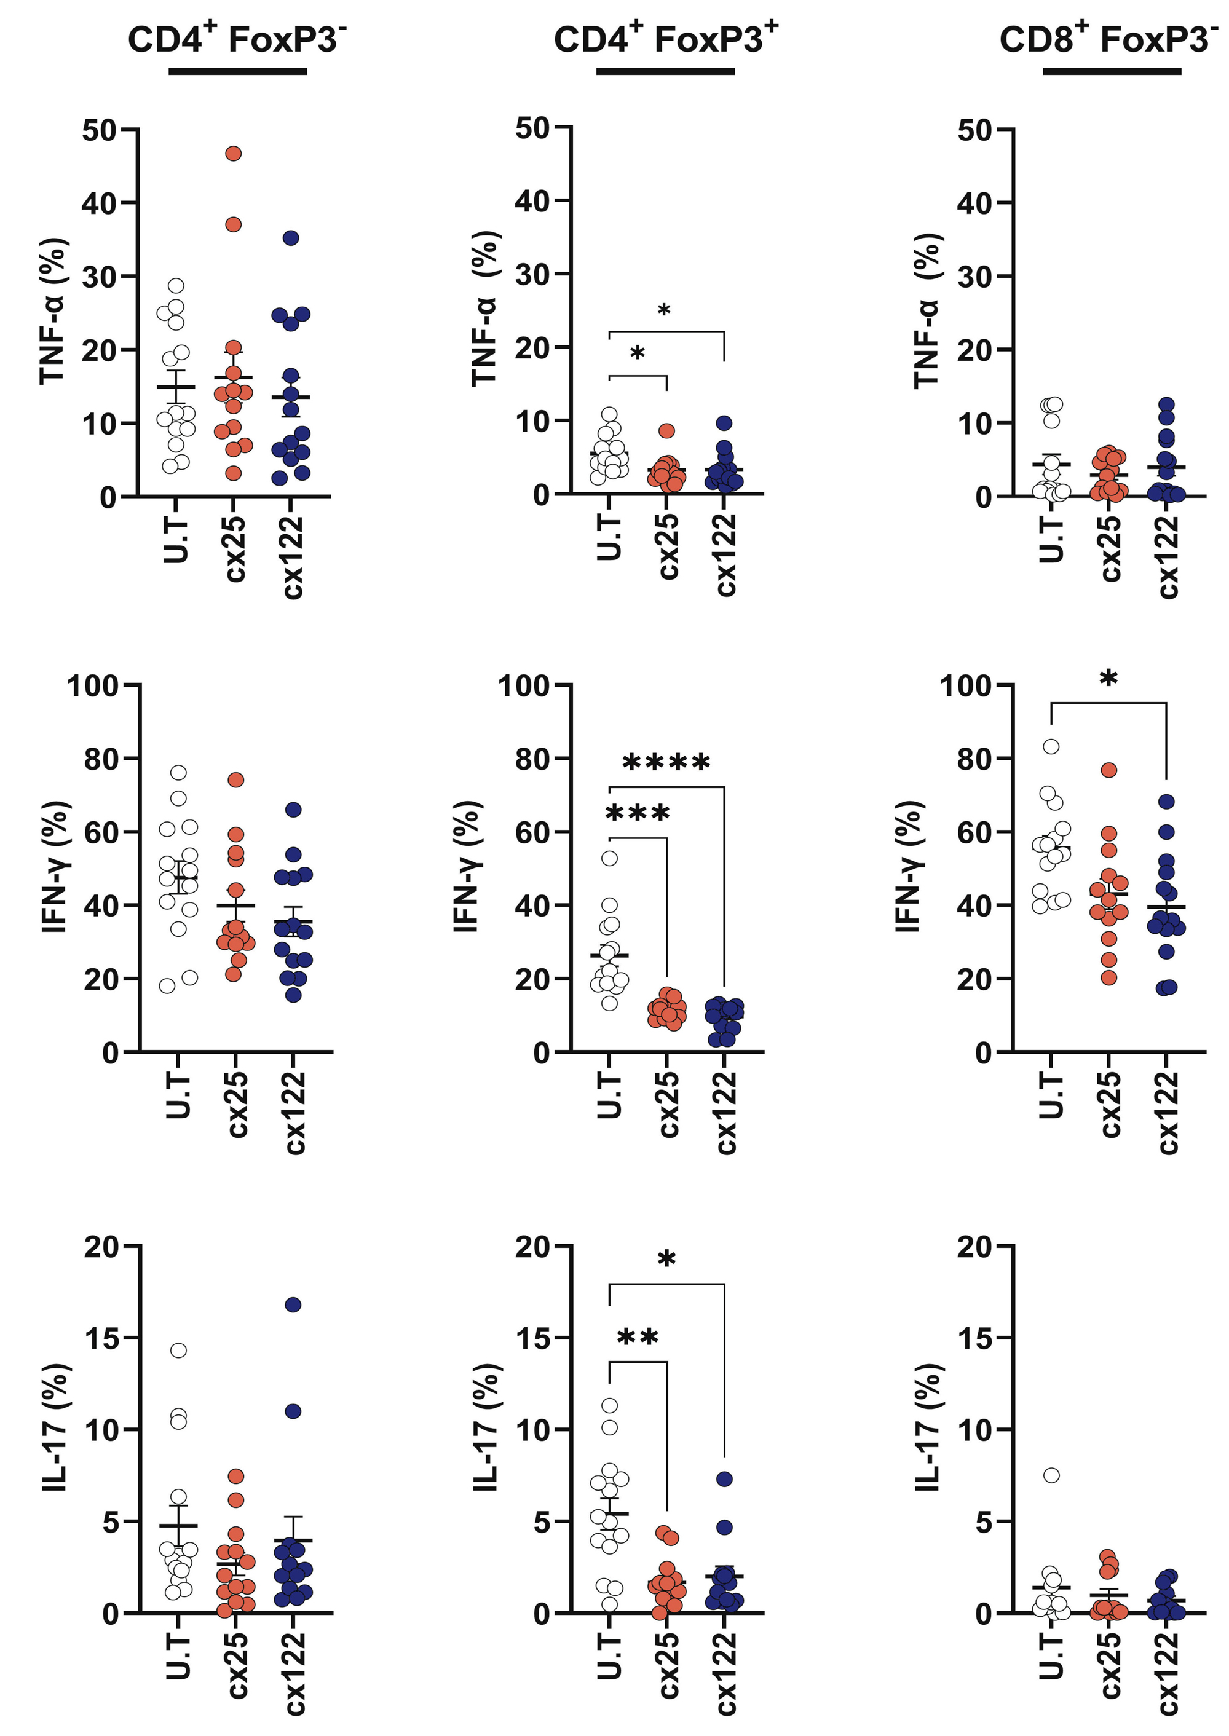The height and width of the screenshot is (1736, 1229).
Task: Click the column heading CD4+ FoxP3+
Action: tap(665, 39)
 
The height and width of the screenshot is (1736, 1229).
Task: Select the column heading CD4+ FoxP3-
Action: tap(237, 39)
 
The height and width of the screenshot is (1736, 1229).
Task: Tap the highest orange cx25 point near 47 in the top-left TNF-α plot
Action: tap(234, 154)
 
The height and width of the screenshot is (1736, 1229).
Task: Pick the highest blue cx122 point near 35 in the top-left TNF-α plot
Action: tap(291, 238)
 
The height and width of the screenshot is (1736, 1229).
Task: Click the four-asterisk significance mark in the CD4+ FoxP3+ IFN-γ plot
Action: tap(666, 762)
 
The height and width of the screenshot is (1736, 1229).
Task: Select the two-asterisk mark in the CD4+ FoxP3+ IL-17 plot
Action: tap(638, 1338)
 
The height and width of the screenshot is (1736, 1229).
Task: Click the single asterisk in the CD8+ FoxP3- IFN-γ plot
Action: tap(1108, 678)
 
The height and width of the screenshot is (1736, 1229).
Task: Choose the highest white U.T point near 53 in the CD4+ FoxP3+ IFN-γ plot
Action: tap(609, 858)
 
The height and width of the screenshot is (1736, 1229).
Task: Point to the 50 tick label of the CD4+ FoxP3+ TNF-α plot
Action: tap(533, 128)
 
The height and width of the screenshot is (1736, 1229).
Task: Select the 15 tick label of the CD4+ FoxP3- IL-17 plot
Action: tap(101, 1339)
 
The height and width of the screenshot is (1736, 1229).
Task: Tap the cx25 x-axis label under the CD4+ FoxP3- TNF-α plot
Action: tap(235, 549)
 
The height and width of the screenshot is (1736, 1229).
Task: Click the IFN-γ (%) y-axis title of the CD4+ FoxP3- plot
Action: tap(55, 867)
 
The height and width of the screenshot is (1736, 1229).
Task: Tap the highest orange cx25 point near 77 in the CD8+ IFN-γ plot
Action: tap(1108, 770)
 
